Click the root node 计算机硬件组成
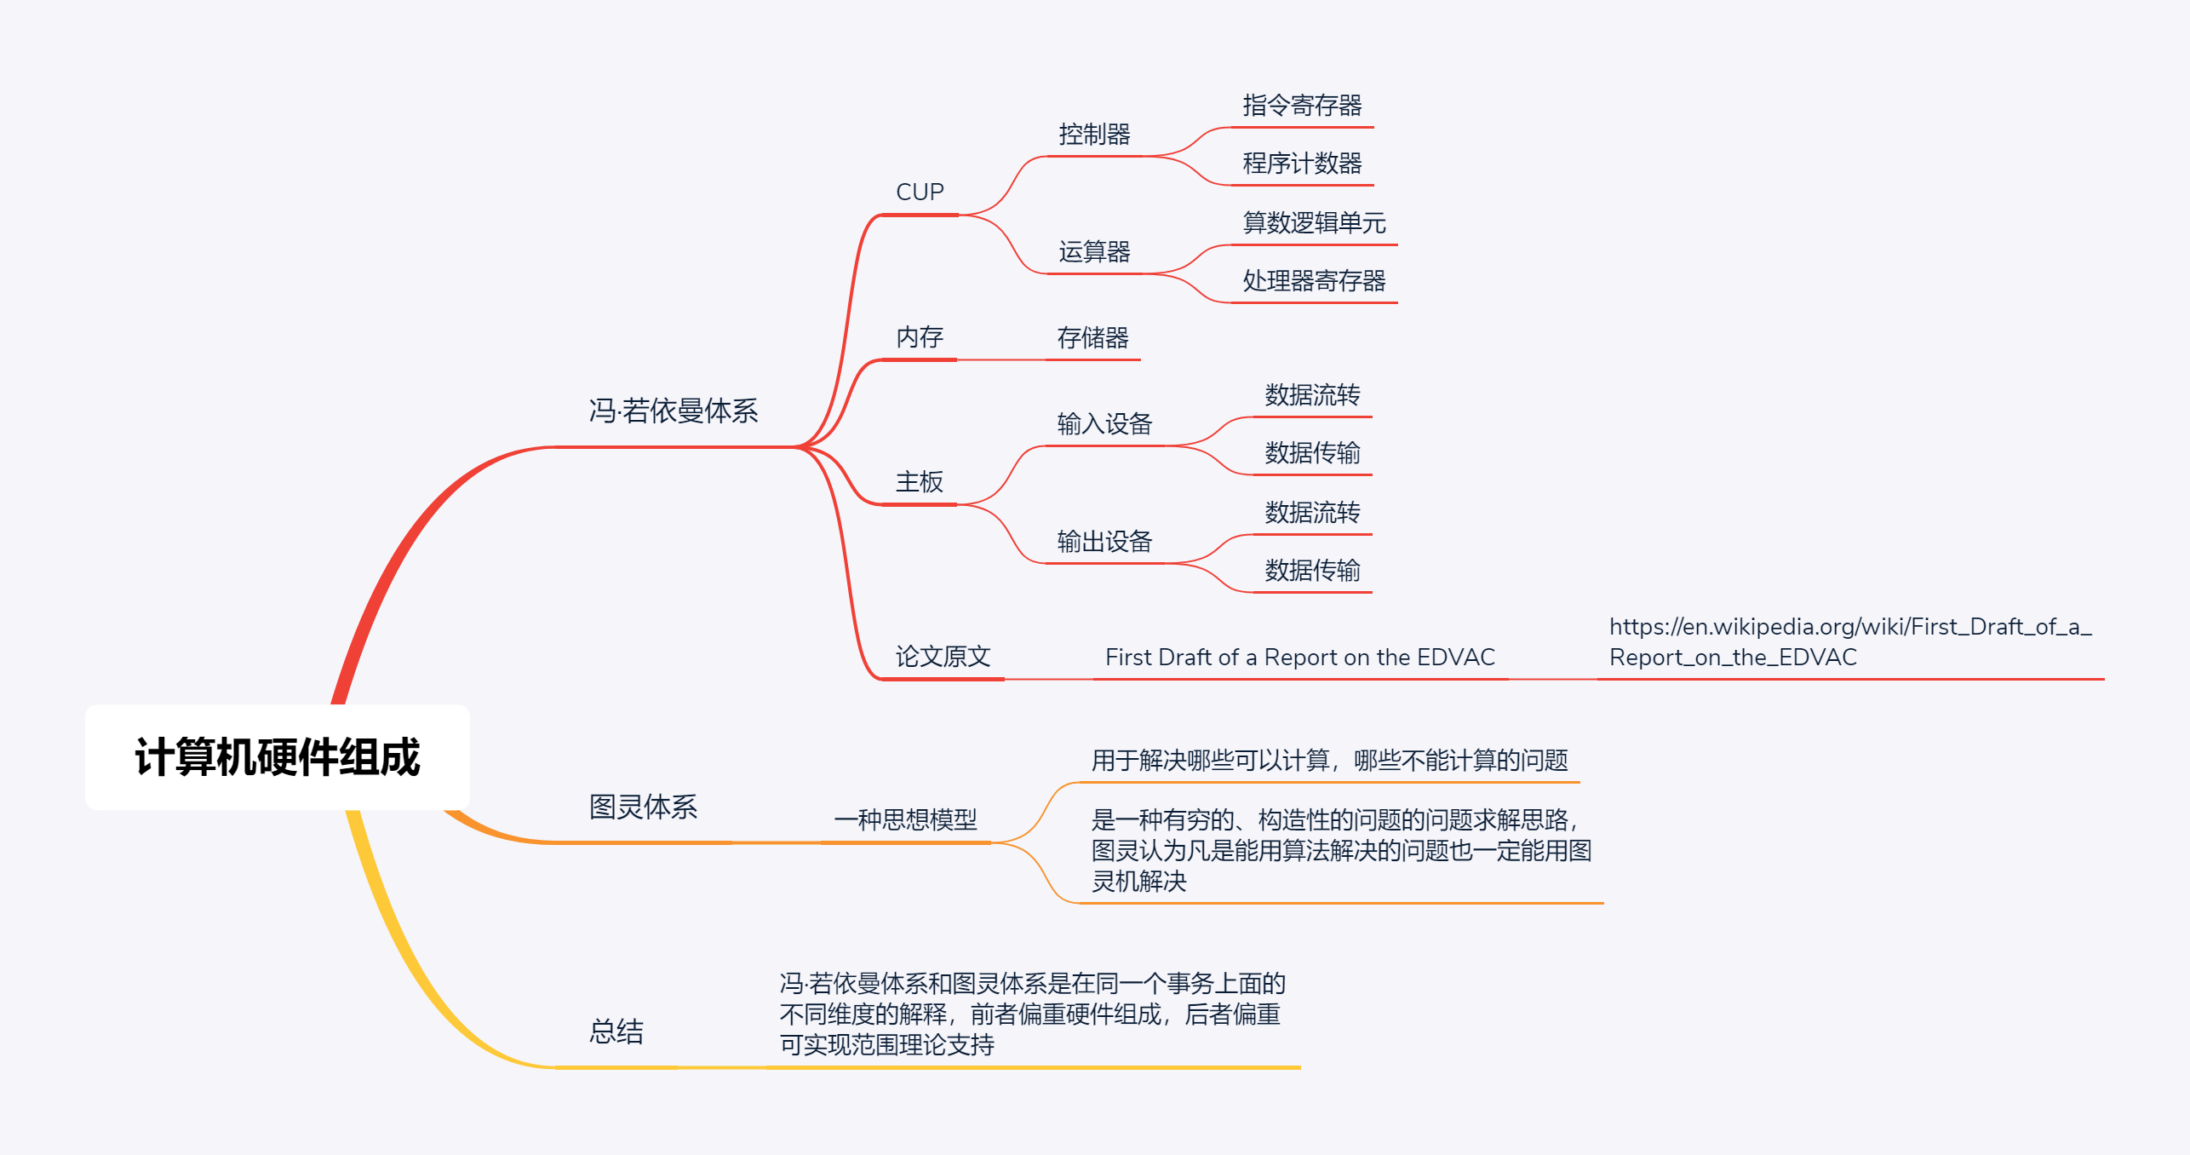[278, 757]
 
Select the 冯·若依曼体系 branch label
[674, 411]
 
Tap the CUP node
[920, 192]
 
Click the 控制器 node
[1094, 135]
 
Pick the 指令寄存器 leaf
[1302, 106]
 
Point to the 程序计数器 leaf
[1302, 164]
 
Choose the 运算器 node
[1094, 252]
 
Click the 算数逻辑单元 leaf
[1314, 223]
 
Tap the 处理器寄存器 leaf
[1314, 281]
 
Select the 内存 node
[920, 337]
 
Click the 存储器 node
[1092, 338]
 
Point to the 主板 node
[920, 482]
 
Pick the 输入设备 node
[1104, 424]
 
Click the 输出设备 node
[1104, 542]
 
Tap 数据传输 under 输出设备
[1312, 571]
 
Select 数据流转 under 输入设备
[1312, 395]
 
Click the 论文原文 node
[943, 657]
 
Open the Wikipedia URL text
[1849, 642]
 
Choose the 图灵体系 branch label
[643, 807]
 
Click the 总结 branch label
[616, 1031]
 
